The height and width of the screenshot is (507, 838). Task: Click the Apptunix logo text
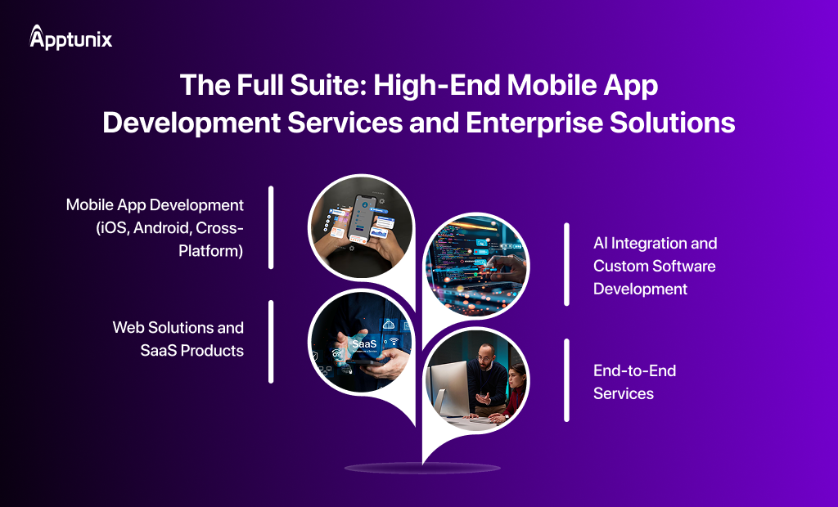pyautogui.click(x=79, y=39)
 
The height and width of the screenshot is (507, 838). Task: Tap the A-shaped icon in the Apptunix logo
pyautogui.click(x=38, y=37)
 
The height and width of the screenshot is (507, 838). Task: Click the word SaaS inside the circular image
pyautogui.click(x=364, y=344)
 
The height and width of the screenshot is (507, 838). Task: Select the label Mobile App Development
pyautogui.click(x=155, y=204)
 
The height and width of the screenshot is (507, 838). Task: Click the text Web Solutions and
pyautogui.click(x=178, y=327)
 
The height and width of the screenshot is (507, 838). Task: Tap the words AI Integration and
pyautogui.click(x=655, y=243)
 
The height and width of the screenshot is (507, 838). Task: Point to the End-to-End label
pyautogui.click(x=634, y=370)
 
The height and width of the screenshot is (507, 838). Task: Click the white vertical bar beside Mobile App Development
pyautogui.click(x=271, y=227)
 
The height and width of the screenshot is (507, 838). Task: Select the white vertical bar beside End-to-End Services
pyautogui.click(x=566, y=380)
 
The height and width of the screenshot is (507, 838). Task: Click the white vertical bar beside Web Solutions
pyautogui.click(x=271, y=341)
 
